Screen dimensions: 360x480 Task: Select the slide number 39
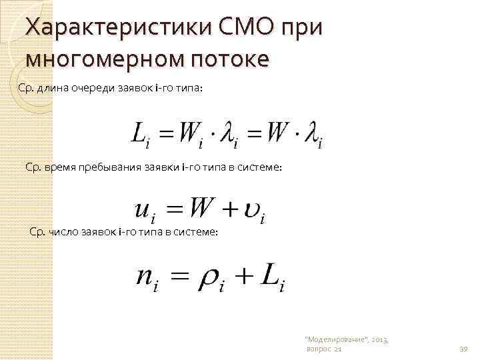pos(464,349)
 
